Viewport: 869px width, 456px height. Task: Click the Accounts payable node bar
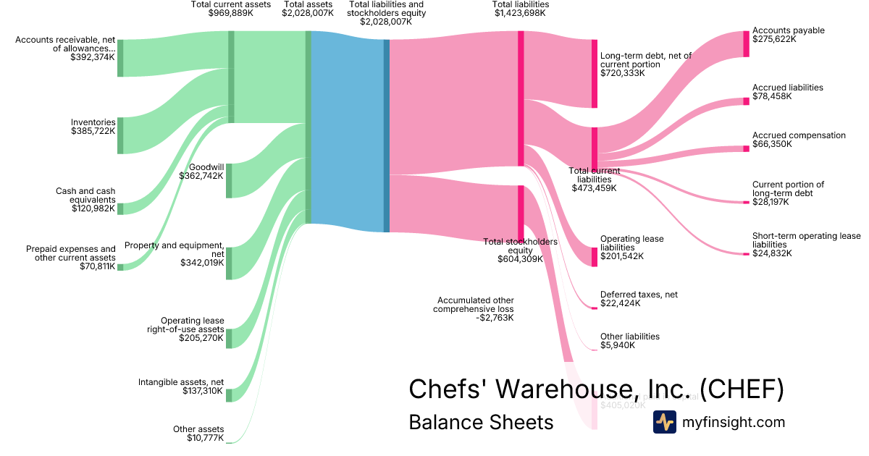tap(747, 43)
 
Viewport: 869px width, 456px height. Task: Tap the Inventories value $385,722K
tap(93, 132)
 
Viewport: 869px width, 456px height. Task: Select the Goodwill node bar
tap(229, 180)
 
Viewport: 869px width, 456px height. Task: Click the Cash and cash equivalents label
tap(85, 195)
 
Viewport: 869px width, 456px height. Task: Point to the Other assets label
tap(198, 429)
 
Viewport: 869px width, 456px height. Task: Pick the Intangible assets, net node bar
tap(229, 394)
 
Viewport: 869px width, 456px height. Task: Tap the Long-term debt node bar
tap(595, 73)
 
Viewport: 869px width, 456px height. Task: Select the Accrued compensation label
tap(789, 135)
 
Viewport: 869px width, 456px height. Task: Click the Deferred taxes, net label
tap(639, 295)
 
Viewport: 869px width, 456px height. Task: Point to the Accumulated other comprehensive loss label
tap(475, 305)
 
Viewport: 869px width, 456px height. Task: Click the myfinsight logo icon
tap(664, 422)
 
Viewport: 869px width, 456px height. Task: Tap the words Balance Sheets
tap(481, 422)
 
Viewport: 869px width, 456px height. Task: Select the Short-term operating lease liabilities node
tap(747, 254)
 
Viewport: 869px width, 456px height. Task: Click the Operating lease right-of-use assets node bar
tap(229, 338)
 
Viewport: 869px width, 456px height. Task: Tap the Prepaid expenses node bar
tap(120, 267)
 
